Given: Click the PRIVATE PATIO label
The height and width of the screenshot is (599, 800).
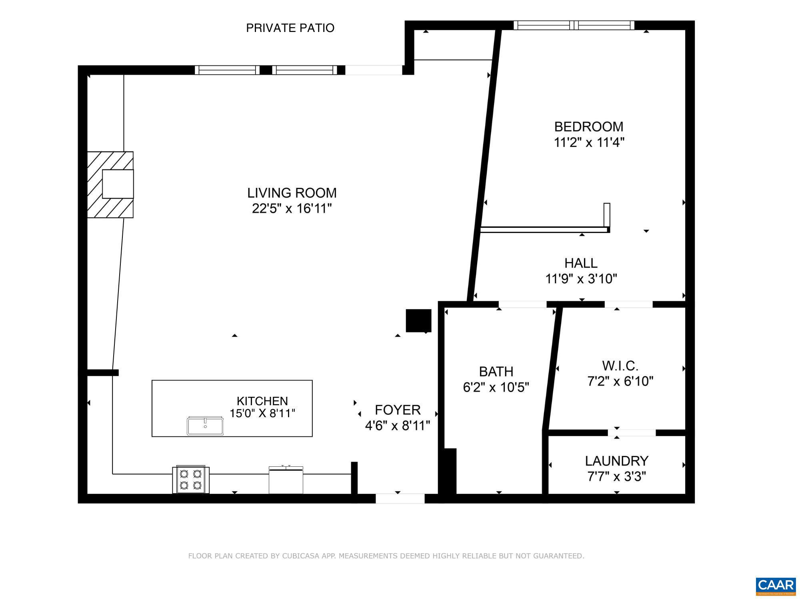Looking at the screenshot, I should pyautogui.click(x=290, y=28).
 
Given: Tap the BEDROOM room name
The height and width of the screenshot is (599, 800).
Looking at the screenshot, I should pyautogui.click(x=588, y=127).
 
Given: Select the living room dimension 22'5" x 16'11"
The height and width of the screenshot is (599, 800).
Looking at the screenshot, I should pyautogui.click(x=292, y=209).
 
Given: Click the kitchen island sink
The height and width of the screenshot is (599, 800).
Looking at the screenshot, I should pyautogui.click(x=205, y=426).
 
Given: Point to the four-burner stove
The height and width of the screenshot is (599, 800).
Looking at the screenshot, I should pyautogui.click(x=190, y=480).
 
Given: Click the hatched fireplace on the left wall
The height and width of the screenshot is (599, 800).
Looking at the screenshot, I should pyautogui.click(x=110, y=185).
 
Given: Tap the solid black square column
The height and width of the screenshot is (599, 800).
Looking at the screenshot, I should pyautogui.click(x=418, y=320).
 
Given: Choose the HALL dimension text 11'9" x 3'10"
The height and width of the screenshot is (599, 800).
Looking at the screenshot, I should pyautogui.click(x=581, y=279).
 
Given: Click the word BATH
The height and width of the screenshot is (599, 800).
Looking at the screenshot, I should pyautogui.click(x=496, y=372).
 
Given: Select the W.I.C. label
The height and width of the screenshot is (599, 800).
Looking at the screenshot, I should pyautogui.click(x=620, y=366).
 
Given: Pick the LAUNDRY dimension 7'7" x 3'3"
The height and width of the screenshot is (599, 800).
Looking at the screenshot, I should pyautogui.click(x=616, y=477).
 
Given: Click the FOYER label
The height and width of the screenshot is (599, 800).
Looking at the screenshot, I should pyautogui.click(x=397, y=410).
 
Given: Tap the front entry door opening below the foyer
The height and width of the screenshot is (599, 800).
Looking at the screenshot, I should pyautogui.click(x=400, y=498).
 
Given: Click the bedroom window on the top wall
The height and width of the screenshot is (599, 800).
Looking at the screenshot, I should pyautogui.click(x=574, y=25).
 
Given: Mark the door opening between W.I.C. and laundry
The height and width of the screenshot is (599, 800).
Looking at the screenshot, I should pyautogui.click(x=632, y=433).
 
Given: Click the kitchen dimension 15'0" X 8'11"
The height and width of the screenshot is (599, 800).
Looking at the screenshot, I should pyautogui.click(x=262, y=413).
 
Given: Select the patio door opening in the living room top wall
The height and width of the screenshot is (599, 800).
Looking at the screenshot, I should pyautogui.click(x=374, y=70).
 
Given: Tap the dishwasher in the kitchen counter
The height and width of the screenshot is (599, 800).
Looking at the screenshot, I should pyautogui.click(x=286, y=480).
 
